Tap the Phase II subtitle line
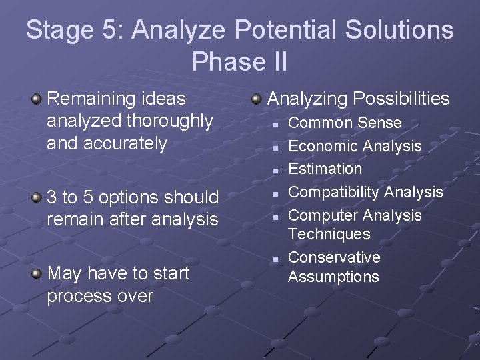click(239, 61)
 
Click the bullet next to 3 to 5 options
click(37, 198)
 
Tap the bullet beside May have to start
click(37, 273)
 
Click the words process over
click(100, 296)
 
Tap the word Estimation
click(325, 169)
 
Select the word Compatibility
click(333, 192)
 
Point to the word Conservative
click(334, 257)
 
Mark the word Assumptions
click(333, 277)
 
